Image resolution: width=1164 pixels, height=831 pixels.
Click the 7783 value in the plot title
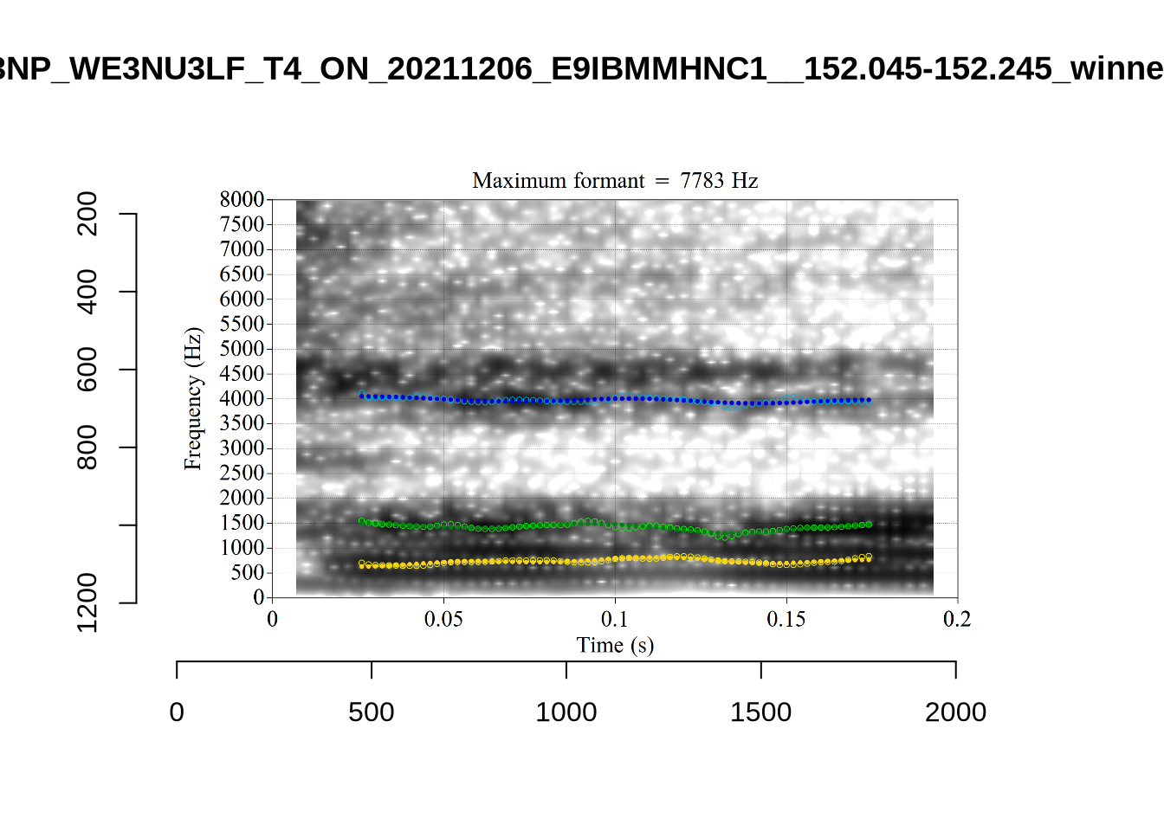click(702, 181)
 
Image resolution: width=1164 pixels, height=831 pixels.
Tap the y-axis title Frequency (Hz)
click(192, 399)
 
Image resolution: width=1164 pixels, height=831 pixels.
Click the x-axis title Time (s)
click(615, 646)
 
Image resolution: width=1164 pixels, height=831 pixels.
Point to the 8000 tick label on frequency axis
click(242, 200)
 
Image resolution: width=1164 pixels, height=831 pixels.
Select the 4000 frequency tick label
click(242, 399)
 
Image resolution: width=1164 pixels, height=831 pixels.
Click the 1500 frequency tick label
click(242, 523)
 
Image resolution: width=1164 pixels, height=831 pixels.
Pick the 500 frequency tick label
click(247, 573)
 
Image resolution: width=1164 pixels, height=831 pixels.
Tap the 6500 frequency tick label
click(242, 274)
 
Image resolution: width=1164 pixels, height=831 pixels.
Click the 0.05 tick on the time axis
click(443, 620)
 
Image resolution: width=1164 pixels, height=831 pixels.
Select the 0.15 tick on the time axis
click(786, 620)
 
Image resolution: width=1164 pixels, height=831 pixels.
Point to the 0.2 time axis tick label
click(957, 620)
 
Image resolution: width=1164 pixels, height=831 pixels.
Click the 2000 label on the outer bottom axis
click(955, 712)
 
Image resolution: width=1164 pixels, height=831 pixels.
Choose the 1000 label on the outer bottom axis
click(566, 712)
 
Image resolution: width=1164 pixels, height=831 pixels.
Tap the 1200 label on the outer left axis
click(87, 602)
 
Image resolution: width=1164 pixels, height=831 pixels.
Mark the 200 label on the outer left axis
click(87, 214)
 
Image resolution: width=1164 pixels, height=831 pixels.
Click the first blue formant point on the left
click(362, 396)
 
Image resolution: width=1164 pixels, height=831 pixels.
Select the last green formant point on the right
click(869, 525)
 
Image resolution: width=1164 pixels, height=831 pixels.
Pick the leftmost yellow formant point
click(362, 564)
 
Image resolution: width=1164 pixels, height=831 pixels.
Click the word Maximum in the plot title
click(514, 181)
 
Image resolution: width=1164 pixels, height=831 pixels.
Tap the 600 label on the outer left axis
click(87, 370)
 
